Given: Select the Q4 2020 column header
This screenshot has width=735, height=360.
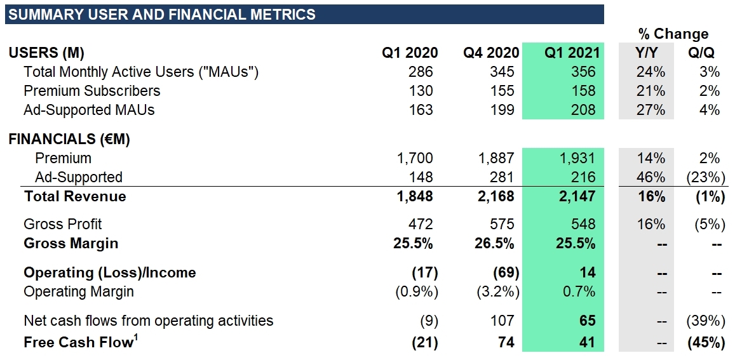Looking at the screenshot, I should coord(490,53).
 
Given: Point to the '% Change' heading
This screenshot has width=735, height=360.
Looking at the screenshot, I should coord(673,34).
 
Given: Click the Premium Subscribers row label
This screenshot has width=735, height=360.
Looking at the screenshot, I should coord(91,91).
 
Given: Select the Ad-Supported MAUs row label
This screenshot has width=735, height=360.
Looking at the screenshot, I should coord(89,110).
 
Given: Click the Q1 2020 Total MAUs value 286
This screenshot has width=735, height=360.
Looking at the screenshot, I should coord(421,72).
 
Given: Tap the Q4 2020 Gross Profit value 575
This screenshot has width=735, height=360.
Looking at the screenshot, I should coord(502,224).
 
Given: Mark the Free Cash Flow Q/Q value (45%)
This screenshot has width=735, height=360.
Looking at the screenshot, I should coord(706,342).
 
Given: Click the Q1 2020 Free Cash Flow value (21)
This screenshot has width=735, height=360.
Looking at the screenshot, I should coord(424,342).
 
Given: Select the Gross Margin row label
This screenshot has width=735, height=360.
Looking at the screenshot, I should coord(71,243).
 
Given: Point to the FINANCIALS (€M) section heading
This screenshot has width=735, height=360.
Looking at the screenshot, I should coord(69,139).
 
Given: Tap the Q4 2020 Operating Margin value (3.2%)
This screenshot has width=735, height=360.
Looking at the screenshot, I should coord(497,291).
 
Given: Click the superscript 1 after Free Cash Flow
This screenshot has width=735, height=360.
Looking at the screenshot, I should coord(136,338).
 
